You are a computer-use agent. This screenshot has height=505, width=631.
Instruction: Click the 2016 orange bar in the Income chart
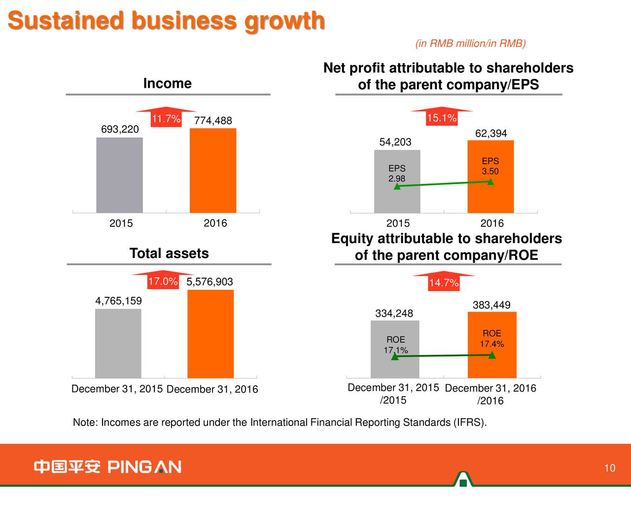pos(213,171)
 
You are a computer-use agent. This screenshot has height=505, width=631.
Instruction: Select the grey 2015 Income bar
pos(119,175)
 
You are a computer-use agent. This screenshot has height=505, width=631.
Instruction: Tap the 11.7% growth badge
pos(166,119)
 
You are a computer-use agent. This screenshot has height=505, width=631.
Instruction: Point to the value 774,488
pos(213,121)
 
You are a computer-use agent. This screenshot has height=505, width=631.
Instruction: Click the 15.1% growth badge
pos(441,118)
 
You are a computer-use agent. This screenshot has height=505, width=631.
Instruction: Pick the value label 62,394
pos(491,134)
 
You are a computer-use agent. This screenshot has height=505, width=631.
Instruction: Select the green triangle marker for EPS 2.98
pos(397,186)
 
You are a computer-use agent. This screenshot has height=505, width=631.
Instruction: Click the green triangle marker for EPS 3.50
pos(491,181)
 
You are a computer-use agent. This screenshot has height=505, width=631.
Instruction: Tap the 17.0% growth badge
pos(163,282)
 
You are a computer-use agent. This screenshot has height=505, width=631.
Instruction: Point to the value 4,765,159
pos(118,301)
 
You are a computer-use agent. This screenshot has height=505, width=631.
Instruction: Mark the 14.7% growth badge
pos(444,283)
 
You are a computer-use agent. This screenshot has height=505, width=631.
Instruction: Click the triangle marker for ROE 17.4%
pos(492,355)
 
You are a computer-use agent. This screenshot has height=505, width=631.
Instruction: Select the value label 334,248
pos(394,314)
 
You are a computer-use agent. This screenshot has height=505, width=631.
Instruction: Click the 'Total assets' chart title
pos(169,253)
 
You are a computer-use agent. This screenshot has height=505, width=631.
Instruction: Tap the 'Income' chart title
pos(168,83)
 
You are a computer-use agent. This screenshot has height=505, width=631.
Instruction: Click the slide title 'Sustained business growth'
pos(166,21)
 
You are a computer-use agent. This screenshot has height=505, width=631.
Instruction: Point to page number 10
pos(610,469)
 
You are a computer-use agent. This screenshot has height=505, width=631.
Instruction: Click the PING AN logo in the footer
pos(107,467)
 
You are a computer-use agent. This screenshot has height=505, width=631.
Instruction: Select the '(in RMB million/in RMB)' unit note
pos(471,43)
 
